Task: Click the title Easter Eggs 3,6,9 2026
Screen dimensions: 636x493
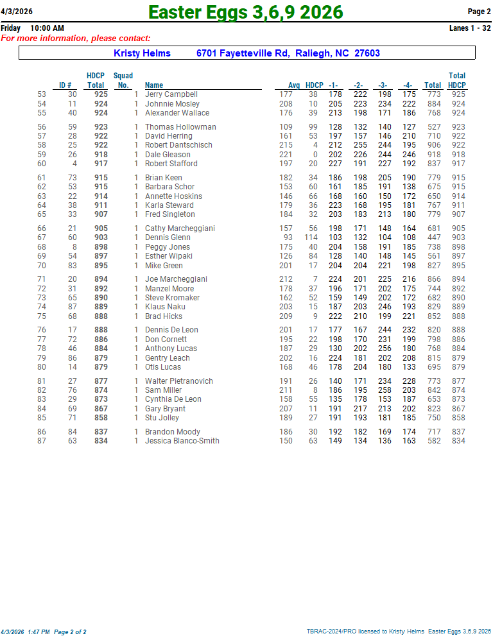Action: (246, 12)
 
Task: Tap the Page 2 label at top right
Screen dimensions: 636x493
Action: (479, 12)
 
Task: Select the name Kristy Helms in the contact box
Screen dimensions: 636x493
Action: (142, 53)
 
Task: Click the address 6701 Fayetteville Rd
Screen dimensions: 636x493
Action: (242, 53)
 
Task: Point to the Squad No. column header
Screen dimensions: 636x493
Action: (123, 80)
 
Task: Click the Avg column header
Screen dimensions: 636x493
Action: (294, 85)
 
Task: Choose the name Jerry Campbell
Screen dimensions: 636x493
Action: (171, 94)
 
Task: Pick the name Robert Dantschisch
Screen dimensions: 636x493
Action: (178, 145)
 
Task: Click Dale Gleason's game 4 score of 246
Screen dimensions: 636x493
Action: (409, 155)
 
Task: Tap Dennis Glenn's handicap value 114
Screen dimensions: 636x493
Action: (311, 237)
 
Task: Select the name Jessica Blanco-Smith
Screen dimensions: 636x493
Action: (182, 441)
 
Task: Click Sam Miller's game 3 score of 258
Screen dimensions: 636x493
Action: (385, 390)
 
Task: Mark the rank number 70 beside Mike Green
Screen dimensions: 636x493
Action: (42, 266)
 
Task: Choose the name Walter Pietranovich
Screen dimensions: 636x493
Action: (178, 381)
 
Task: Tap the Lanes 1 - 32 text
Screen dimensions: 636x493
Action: (470, 28)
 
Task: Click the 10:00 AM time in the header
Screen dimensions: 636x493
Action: (47, 28)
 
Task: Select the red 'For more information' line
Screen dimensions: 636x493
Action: (76, 39)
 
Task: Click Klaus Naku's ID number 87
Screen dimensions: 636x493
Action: (73, 307)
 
